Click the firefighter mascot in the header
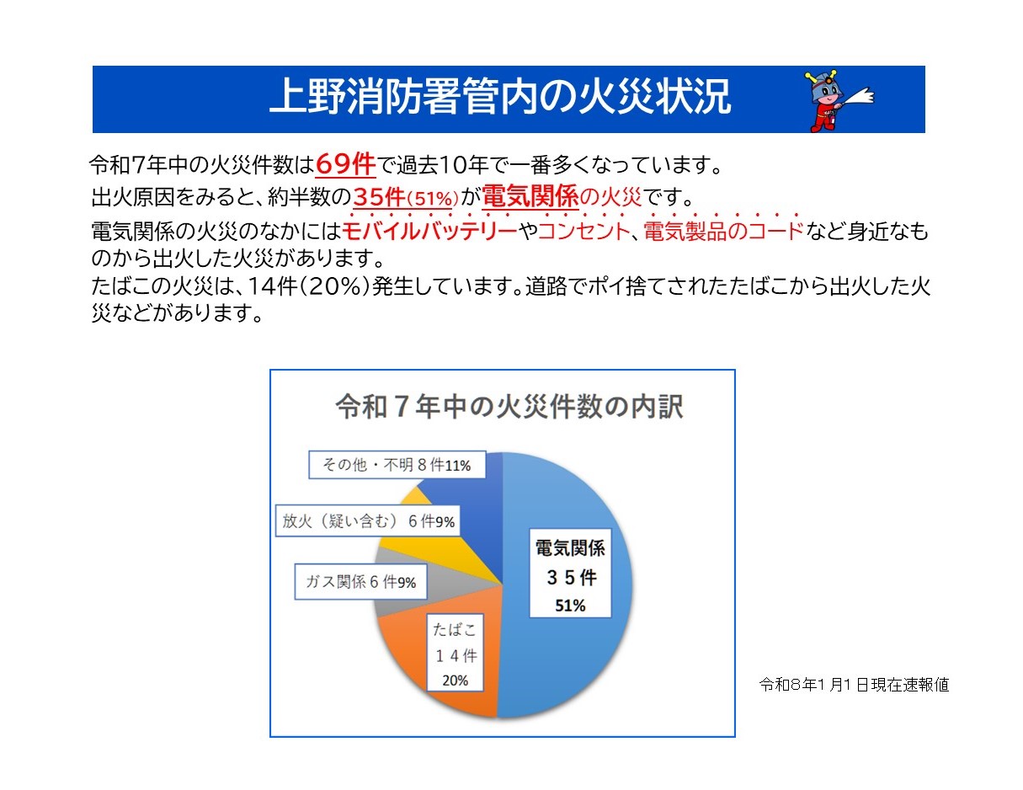pyautogui.click(x=837, y=100)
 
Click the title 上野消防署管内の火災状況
pyautogui.click(x=500, y=99)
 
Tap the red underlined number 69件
pyautogui.click(x=345, y=163)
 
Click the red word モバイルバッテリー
pyautogui.click(x=429, y=231)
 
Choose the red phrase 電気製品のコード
pyautogui.click(x=723, y=231)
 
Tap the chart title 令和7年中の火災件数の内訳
pyautogui.click(x=509, y=407)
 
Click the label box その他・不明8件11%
pyautogui.click(x=397, y=463)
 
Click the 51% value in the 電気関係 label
pyautogui.click(x=570, y=605)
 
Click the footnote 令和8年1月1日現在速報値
pyautogui.click(x=854, y=685)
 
